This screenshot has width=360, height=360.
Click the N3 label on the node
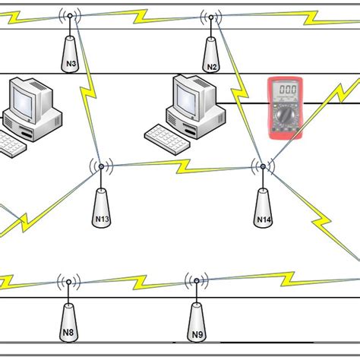coord(71,65)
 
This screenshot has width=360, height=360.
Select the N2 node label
coord(212,67)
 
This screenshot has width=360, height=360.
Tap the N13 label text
coord(103,219)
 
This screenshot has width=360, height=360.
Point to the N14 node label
coord(264,220)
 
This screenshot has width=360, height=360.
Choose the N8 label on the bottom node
coord(68,332)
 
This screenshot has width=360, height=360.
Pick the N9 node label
coord(197,334)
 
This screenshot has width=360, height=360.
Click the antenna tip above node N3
coord(71,15)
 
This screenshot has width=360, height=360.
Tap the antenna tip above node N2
coord(211,16)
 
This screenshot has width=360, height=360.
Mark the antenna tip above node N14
coord(263,165)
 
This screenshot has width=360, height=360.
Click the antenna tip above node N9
coord(196,281)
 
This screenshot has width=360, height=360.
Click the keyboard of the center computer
coord(169,137)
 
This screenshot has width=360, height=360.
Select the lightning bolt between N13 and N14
coord(182,164)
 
